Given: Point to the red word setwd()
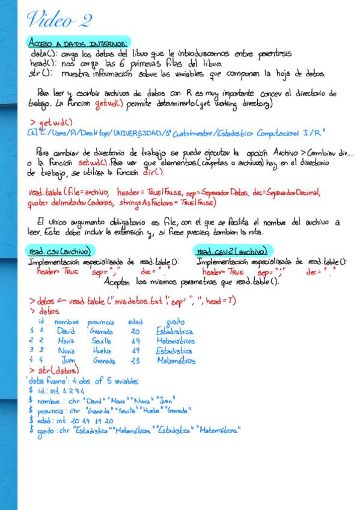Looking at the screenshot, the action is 93,162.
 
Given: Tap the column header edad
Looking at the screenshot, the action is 135,322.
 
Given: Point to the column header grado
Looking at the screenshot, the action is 175,322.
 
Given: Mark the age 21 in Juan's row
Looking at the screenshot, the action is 135,360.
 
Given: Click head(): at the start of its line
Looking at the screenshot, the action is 42,63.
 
